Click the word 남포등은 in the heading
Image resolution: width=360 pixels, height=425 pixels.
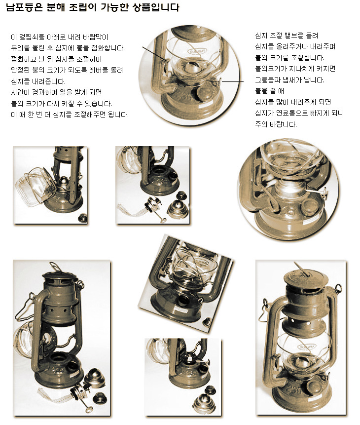(x=25, y=7)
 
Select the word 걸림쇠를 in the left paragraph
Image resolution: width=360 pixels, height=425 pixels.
(x=32, y=37)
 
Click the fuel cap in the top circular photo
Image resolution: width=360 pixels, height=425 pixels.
(x=206, y=93)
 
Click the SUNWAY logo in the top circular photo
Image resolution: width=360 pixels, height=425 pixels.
(x=197, y=51)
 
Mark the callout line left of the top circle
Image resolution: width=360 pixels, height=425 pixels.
(x=155, y=53)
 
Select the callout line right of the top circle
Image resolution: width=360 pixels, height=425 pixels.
(x=232, y=81)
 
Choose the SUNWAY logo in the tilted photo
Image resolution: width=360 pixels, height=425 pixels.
(x=202, y=263)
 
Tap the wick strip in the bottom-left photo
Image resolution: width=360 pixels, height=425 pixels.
(x=55, y=396)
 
